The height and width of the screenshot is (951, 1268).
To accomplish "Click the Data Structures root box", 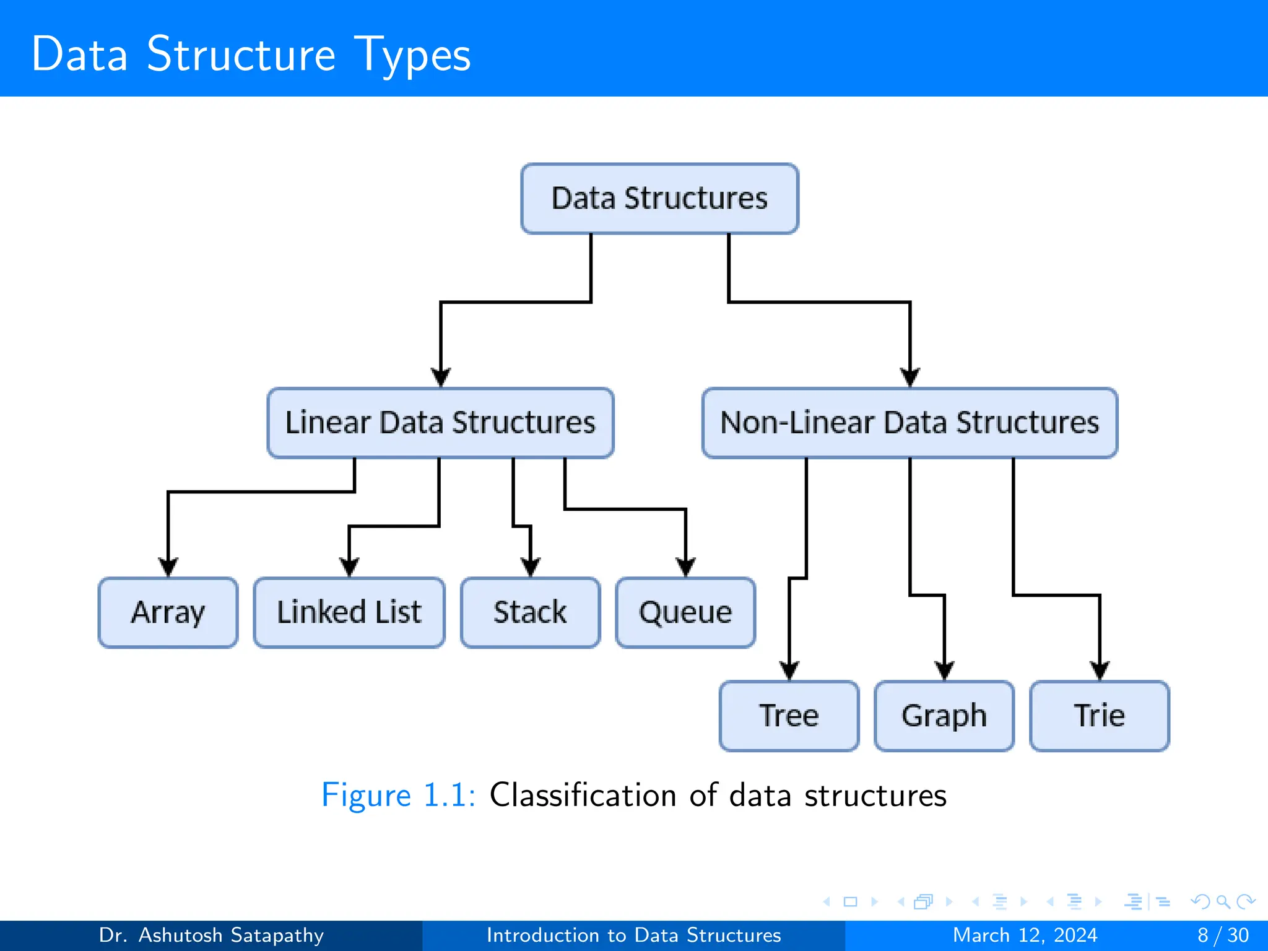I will [x=659, y=199].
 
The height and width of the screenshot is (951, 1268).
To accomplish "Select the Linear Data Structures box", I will [x=440, y=423].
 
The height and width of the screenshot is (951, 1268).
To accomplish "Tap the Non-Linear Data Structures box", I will [x=910, y=423].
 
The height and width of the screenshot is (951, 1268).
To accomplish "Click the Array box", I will [x=168, y=612].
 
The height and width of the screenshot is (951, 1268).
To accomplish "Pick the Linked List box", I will [x=349, y=612].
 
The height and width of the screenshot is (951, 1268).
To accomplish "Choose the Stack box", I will [x=530, y=612].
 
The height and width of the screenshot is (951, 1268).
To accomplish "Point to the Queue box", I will [x=685, y=612].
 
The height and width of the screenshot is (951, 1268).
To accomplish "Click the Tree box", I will [x=789, y=716].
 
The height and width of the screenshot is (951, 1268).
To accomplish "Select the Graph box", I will [x=944, y=716].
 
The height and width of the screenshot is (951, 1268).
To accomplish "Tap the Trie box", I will [x=1099, y=716].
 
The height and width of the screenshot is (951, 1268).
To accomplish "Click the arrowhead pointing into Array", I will [x=168, y=567].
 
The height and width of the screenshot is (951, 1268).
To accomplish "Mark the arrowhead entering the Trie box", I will [x=1100, y=670].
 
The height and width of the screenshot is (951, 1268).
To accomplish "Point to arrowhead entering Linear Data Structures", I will [x=441, y=376].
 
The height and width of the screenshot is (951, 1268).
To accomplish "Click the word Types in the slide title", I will [x=412, y=54].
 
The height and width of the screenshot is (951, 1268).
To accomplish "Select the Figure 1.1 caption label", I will [x=398, y=795].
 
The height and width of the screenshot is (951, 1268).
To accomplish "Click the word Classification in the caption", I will [x=583, y=795].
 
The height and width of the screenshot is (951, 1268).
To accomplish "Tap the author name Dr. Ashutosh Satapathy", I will [x=211, y=935].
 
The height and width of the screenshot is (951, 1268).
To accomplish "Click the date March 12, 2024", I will [x=1025, y=935].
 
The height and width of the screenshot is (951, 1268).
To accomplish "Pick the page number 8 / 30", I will [x=1223, y=935].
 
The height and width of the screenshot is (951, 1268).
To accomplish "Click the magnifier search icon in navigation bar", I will [x=1223, y=901].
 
